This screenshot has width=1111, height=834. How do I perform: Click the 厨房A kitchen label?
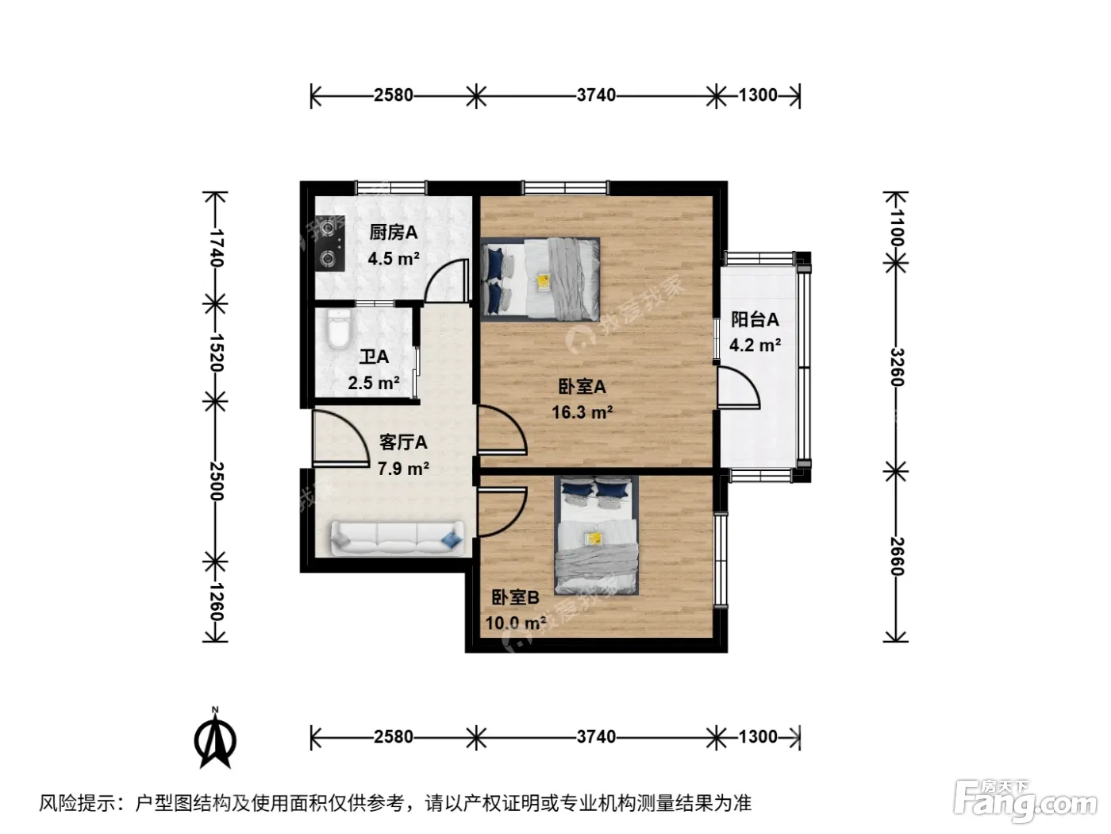tap(394, 233)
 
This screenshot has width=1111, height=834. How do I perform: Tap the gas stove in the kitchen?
tap(330, 244)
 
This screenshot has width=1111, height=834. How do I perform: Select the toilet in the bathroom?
tap(339, 329)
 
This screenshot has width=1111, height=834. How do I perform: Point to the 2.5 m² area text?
tap(374, 383)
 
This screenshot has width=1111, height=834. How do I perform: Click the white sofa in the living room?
tap(397, 539)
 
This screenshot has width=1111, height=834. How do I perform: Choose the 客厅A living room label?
tap(403, 442)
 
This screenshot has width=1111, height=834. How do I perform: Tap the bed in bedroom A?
tap(540, 280)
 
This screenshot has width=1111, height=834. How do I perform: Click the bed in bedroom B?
tap(596, 535)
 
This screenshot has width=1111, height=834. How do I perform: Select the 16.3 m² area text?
tap(582, 412)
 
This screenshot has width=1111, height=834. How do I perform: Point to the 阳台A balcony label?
tap(755, 319)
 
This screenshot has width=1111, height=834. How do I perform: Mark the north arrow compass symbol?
tap(215, 739)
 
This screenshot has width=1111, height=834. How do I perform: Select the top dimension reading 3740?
tap(596, 95)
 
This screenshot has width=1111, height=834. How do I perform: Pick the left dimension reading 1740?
tap(215, 248)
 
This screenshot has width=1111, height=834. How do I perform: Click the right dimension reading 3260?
tap(897, 367)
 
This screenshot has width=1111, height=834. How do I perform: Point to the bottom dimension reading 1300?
tap(758, 736)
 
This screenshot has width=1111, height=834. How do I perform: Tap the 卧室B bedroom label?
tap(515, 597)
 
